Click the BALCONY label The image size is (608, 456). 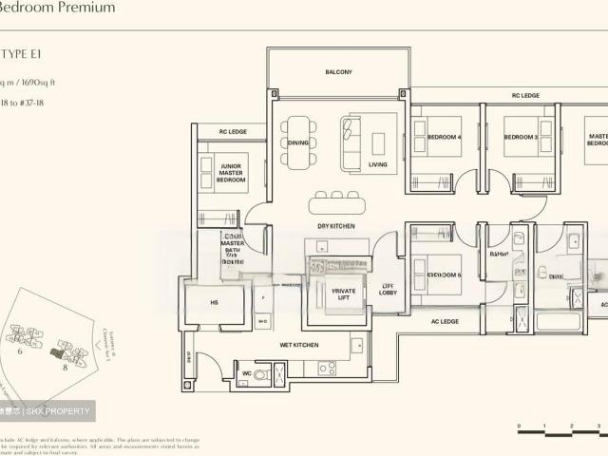click(338, 72)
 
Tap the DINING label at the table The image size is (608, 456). click(298, 142)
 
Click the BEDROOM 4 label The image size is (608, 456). click(444, 138)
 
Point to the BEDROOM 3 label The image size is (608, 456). click(521, 138)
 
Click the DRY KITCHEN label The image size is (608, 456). click(336, 226)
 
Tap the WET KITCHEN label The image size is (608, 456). click(298, 345)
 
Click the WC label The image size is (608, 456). click(246, 373)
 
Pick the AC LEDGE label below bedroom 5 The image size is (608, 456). click(445, 321)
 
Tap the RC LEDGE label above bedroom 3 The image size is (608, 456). click(525, 96)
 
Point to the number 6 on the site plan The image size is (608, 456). click(18, 351)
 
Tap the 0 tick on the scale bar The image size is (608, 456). click(519, 427)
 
